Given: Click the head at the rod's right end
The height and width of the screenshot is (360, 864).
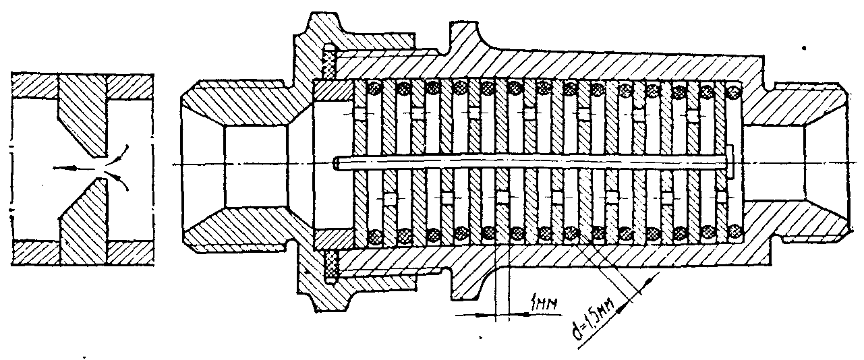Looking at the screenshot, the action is [732, 162].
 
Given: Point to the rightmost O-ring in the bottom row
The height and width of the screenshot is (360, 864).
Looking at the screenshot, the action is [735, 234].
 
